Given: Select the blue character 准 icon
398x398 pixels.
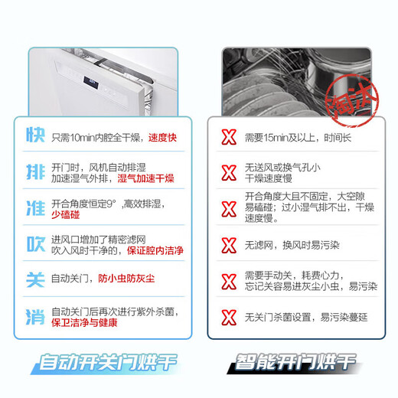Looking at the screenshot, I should point(33,207).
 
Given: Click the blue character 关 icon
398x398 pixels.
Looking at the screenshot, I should point(33,279).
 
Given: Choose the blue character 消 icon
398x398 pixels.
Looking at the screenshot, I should point(33,315).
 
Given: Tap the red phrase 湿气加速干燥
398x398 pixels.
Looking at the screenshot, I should point(145,178).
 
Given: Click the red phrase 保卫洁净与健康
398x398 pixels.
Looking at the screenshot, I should point(86,322).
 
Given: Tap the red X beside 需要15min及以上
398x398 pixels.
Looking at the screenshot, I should point(228,138).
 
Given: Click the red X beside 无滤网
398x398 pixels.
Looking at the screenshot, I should point(228,245).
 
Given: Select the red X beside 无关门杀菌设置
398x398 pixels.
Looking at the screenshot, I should point(228,316).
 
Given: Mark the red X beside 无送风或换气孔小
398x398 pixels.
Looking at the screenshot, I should point(228,173).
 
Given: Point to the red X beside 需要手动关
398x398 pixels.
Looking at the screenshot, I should point(228,280).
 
